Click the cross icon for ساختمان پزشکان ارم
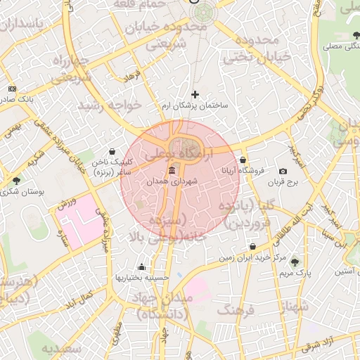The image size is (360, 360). pyautogui.click(x=195, y=94)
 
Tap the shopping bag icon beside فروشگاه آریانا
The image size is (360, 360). pyautogui.click(x=243, y=160)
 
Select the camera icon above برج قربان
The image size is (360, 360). pyautogui.click(x=283, y=172)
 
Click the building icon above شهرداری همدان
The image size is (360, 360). pyautogui.click(x=172, y=171)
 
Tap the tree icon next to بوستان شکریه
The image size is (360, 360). pyautogui.click(x=16, y=181)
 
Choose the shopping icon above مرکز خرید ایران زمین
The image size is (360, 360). pyautogui.click(x=252, y=247)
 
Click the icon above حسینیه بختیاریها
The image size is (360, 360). pyautogui.click(x=142, y=267)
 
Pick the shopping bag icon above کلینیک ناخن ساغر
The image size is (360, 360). pyautogui.click(x=112, y=150)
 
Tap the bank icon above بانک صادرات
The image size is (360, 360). pyautogui.click(x=12, y=89)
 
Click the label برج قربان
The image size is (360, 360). pyautogui.click(x=283, y=183)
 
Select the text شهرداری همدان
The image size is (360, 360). pyautogui.click(x=172, y=181)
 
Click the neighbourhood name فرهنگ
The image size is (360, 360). pyautogui.click(x=236, y=309)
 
